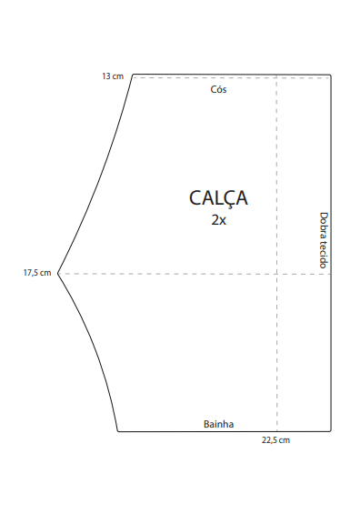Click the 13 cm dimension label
coord(113,76)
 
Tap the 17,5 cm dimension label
coord(37,273)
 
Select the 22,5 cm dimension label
coord(275,440)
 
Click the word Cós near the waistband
coord(218,89)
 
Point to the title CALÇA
coord(218,198)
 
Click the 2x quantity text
coord(218,220)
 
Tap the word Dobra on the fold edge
coord(324,225)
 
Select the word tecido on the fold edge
coord(324,254)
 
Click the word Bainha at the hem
coord(218,424)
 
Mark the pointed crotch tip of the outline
coord(58,273)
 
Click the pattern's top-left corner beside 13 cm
coord(133,76)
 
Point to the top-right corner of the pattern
coord(330,76)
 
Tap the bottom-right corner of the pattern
coord(331,431)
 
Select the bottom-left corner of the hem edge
coord(118,431)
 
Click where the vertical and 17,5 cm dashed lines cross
coord(276,274)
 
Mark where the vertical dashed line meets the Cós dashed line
coord(276,78)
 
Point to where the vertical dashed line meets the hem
coord(276,431)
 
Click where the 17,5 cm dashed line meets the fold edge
coord(331,274)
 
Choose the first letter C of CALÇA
coord(195,198)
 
